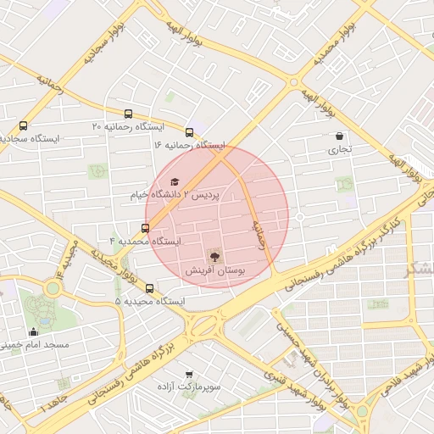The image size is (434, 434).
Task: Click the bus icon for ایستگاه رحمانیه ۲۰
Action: (x=128, y=114)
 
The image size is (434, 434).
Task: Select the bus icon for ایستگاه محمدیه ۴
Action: (x=145, y=227)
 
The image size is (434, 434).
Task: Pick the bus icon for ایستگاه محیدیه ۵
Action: (x=150, y=288)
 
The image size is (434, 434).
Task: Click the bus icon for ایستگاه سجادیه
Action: (x=22, y=125)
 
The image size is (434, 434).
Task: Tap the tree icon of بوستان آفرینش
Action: (x=214, y=256)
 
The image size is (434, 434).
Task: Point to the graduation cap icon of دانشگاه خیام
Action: (x=175, y=181)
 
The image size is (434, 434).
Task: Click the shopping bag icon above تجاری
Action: (x=340, y=136)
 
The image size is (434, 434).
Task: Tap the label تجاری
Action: (x=339, y=150)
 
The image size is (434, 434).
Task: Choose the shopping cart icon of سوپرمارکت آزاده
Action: (x=188, y=373)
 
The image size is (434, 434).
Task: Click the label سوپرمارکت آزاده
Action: (x=188, y=387)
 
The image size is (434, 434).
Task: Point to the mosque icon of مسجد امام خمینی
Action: (x=34, y=331)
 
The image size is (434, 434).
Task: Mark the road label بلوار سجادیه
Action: (x=100, y=47)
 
